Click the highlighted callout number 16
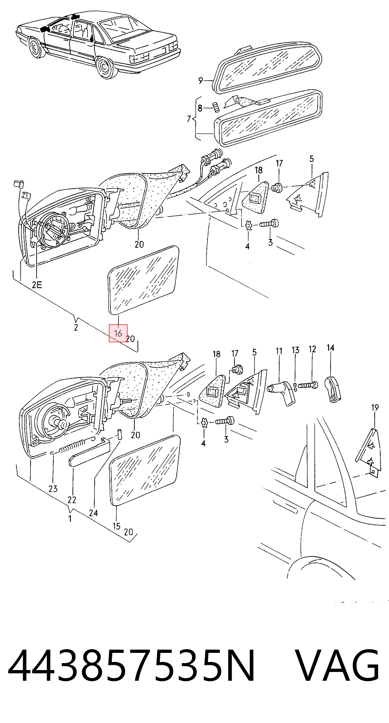coord(118,333)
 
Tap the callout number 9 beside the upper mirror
coord(200,81)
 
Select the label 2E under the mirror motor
coord(37,285)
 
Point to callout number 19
coord(375,407)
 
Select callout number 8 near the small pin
coord(200,108)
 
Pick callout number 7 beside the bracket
coord(189,119)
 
